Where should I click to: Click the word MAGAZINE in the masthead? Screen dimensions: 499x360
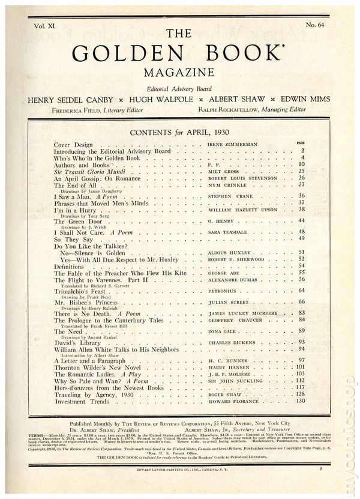[180, 74]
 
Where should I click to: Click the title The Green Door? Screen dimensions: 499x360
[76, 222]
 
